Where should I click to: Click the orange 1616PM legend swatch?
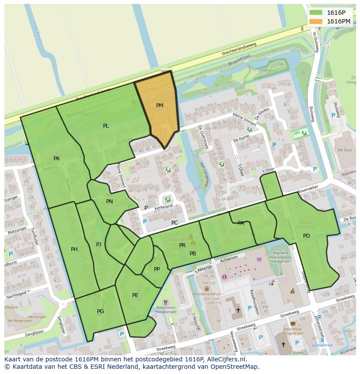coord(316,21)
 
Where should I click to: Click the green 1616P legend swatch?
coord(316,13)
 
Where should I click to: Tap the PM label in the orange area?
coord(160,106)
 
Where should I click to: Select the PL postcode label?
coord(106,126)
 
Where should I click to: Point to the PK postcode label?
coord(57,159)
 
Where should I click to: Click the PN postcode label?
coord(110,202)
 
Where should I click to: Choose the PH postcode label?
coord(74,249)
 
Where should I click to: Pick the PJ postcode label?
coord(99,245)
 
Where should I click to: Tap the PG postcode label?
coord(100,311)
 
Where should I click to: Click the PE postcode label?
coord(135,295)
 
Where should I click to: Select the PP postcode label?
coord(157,269)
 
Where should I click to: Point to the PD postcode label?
coord(307,236)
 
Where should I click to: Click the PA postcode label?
coord(241,223)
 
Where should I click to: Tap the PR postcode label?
coord(182,245)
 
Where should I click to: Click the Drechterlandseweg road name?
coord(239,49)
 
